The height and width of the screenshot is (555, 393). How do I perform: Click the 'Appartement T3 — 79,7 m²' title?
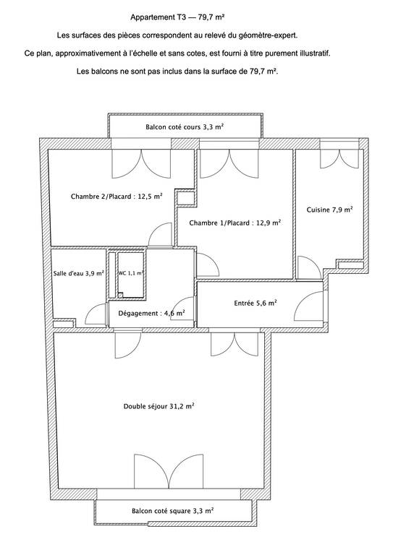(x=177, y=17)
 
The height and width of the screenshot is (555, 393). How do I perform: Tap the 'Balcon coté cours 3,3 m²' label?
(x=185, y=126)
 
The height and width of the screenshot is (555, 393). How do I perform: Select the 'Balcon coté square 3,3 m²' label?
(x=172, y=511)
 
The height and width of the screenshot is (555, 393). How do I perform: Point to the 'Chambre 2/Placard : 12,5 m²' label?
(x=117, y=196)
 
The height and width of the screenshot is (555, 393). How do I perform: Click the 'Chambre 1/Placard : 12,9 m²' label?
(x=235, y=223)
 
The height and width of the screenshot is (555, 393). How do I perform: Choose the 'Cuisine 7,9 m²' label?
(x=329, y=210)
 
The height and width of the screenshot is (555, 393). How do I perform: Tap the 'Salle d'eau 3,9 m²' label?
(x=79, y=273)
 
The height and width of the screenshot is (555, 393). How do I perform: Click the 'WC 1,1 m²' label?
(x=131, y=273)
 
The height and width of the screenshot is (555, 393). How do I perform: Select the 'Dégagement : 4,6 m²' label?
(x=151, y=313)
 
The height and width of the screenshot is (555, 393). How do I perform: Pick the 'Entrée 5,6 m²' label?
(x=255, y=303)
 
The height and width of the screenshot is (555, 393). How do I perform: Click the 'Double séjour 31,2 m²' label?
(x=159, y=406)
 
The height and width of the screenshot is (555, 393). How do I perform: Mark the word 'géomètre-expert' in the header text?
(x=268, y=35)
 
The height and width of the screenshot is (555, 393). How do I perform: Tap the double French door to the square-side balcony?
(x=169, y=471)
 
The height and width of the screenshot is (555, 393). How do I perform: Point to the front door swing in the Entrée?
(x=308, y=306)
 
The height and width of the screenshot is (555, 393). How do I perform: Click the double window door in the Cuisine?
(x=339, y=158)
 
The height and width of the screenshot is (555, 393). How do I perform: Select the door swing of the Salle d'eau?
(x=96, y=314)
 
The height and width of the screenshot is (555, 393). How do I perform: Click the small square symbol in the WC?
(x=120, y=294)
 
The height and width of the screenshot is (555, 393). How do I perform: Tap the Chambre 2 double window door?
(x=141, y=163)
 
